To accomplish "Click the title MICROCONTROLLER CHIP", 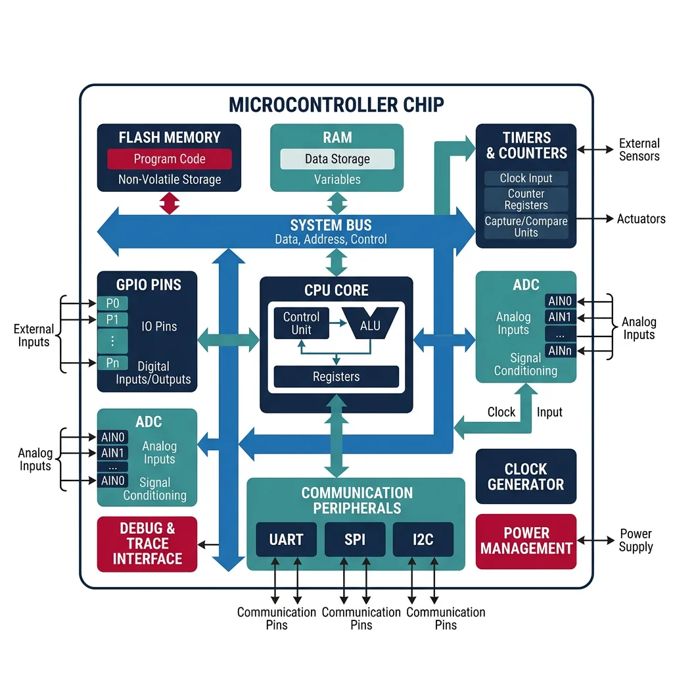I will click(336, 104).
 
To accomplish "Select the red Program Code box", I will click(170, 159).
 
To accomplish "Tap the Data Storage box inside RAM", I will click(337, 159).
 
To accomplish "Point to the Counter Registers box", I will click(526, 200).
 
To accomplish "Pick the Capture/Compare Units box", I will click(526, 227).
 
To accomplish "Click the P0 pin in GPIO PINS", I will click(112, 304).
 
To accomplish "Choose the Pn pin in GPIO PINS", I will click(112, 363).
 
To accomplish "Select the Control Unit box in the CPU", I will click(301, 323).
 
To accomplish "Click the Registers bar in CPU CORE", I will click(336, 377).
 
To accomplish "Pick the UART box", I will click(286, 540).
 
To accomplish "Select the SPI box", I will click(355, 540).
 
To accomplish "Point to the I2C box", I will click(423, 540).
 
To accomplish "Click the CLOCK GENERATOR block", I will click(526, 476).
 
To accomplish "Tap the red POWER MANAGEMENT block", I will click(526, 541).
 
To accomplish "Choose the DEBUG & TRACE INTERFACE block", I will click(147, 544).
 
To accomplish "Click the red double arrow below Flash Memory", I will click(170, 202).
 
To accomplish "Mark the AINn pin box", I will click(560, 351).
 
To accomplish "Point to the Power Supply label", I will click(636, 540).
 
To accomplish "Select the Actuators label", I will click(641, 219).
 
